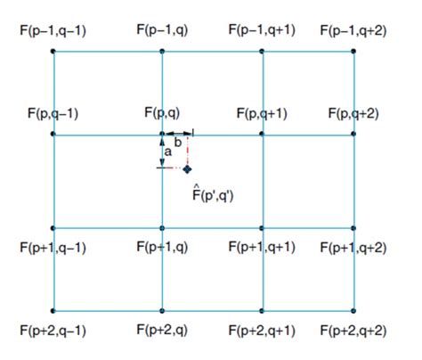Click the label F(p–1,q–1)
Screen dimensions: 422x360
53,31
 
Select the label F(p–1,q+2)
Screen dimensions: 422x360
353,31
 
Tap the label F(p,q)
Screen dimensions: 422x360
162,113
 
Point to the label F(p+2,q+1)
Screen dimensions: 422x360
262,331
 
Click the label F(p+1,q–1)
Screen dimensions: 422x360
53,248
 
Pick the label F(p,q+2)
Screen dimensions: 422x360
353,114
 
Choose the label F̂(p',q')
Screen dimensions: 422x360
213,193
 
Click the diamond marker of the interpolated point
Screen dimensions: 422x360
187,169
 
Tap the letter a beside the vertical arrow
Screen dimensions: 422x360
168,152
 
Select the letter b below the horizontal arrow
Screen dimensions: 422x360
178,143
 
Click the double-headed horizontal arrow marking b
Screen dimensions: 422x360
179,134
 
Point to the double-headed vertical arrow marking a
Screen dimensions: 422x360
162,152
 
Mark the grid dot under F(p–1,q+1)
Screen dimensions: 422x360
262,52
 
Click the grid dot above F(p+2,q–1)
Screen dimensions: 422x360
53,311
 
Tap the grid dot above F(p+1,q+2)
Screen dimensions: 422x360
353,228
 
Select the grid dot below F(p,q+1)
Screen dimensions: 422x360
262,134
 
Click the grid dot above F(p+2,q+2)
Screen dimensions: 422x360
353,311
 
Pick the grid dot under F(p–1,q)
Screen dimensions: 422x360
162,52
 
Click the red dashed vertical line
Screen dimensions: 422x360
187,151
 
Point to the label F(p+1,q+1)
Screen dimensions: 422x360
262,247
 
